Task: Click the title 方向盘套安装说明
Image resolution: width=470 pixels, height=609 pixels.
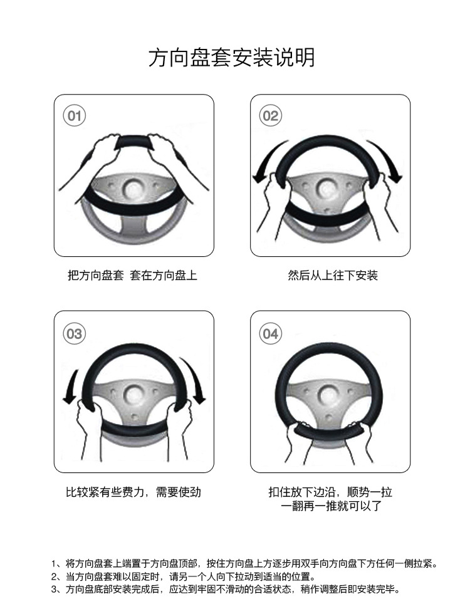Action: click(x=232, y=58)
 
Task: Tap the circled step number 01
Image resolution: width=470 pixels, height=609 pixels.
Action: click(x=74, y=116)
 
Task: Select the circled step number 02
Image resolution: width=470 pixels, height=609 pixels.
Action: click(x=270, y=116)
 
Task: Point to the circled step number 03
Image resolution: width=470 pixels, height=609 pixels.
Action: click(x=74, y=333)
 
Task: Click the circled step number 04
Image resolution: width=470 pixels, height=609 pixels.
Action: click(x=270, y=333)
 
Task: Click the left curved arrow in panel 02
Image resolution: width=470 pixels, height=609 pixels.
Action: click(x=266, y=159)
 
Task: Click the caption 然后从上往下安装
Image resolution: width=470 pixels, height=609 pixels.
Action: click(x=333, y=276)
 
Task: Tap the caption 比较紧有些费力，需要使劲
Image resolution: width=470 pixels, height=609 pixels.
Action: click(x=133, y=492)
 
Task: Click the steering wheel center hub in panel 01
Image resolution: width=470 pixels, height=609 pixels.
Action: click(x=134, y=189)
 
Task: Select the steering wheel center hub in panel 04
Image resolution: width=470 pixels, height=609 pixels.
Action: click(x=330, y=395)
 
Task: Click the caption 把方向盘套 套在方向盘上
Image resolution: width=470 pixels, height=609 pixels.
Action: click(x=132, y=276)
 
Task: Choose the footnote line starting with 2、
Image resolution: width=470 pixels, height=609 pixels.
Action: click(x=184, y=576)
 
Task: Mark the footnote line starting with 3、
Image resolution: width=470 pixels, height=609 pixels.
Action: click(x=226, y=589)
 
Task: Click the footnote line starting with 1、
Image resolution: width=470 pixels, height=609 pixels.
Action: click(x=244, y=563)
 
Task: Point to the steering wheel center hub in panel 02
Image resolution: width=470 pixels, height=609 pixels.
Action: click(x=328, y=189)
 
